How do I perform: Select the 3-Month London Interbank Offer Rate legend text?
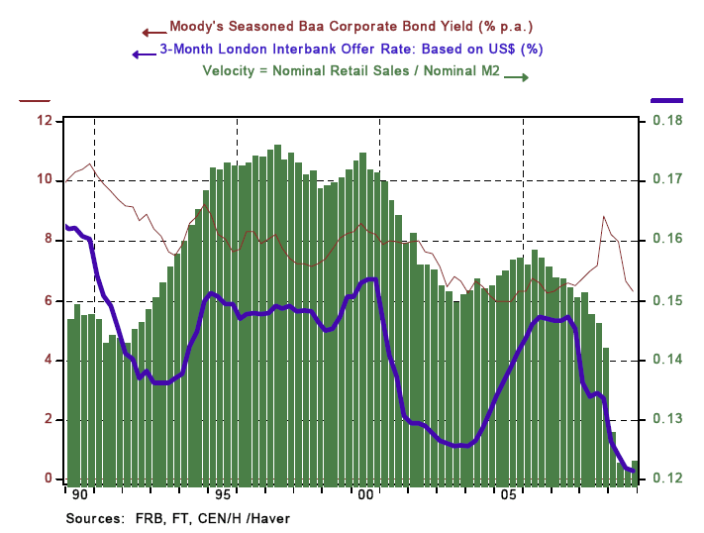pyautogui.click(x=351, y=49)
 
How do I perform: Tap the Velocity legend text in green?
pyautogui.click(x=351, y=70)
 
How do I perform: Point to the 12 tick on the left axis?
pyautogui.click(x=45, y=121)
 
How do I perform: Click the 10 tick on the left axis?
pyautogui.click(x=45, y=180)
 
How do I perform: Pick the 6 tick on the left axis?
pyautogui.click(x=48, y=300)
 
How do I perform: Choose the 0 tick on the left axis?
pyautogui.click(x=48, y=479)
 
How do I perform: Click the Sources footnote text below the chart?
pyautogui.click(x=178, y=517)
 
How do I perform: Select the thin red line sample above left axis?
pyautogui.click(x=36, y=100)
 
